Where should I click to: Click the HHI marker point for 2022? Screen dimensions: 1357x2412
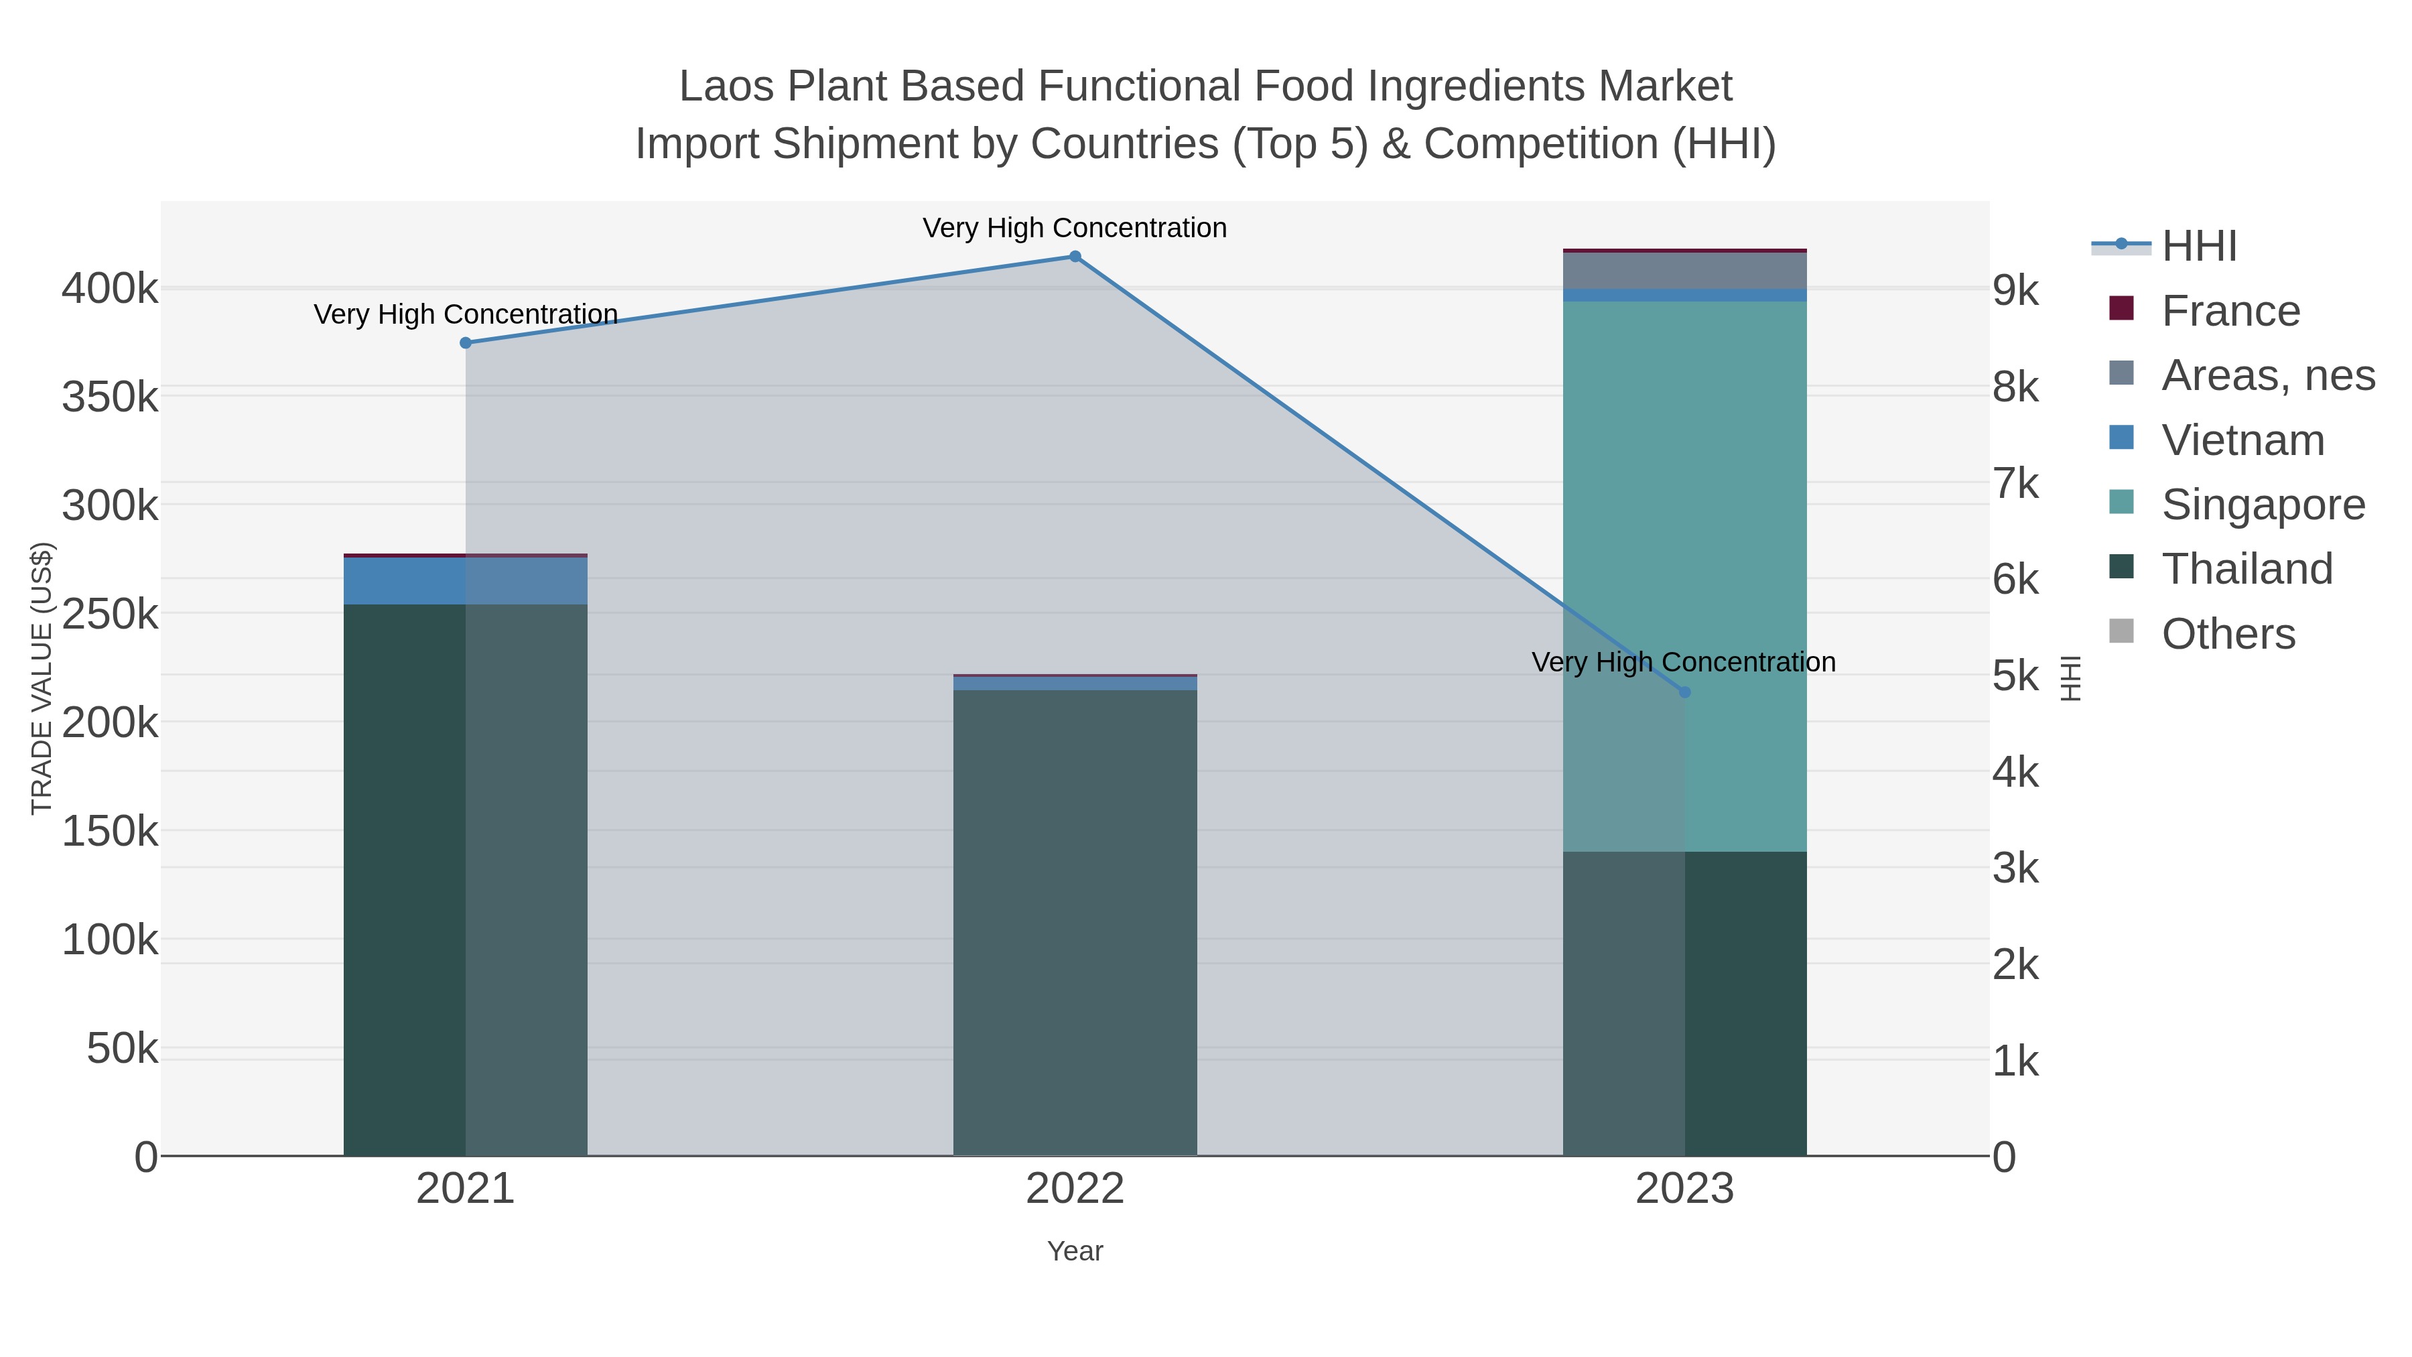(1075, 257)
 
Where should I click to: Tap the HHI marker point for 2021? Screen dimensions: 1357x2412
(466, 342)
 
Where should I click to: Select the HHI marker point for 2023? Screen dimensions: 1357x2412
(1684, 692)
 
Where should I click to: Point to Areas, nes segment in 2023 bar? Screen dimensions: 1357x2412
(1684, 271)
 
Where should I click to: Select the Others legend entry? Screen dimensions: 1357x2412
(2228, 634)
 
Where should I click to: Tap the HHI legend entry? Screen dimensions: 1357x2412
(2198, 247)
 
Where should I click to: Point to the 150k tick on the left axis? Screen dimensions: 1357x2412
(110, 831)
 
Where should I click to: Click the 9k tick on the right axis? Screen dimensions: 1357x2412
(2016, 290)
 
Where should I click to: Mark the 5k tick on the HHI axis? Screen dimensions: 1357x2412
(2016, 676)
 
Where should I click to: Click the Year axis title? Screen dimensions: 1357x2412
(1075, 1251)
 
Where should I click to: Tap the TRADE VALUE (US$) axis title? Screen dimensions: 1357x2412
(42, 678)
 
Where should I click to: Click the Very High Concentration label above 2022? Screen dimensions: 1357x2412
(1074, 228)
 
